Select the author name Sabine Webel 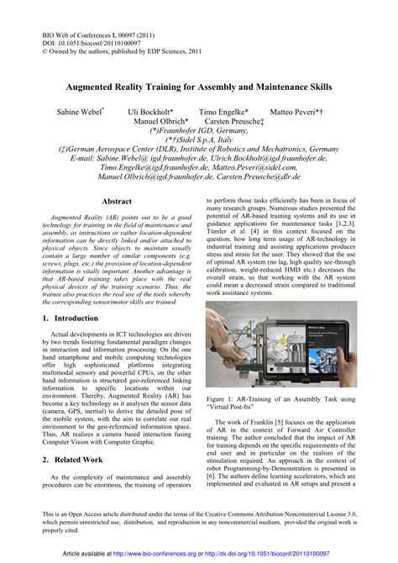(x=79, y=111)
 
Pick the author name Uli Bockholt (x=151, y=111)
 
